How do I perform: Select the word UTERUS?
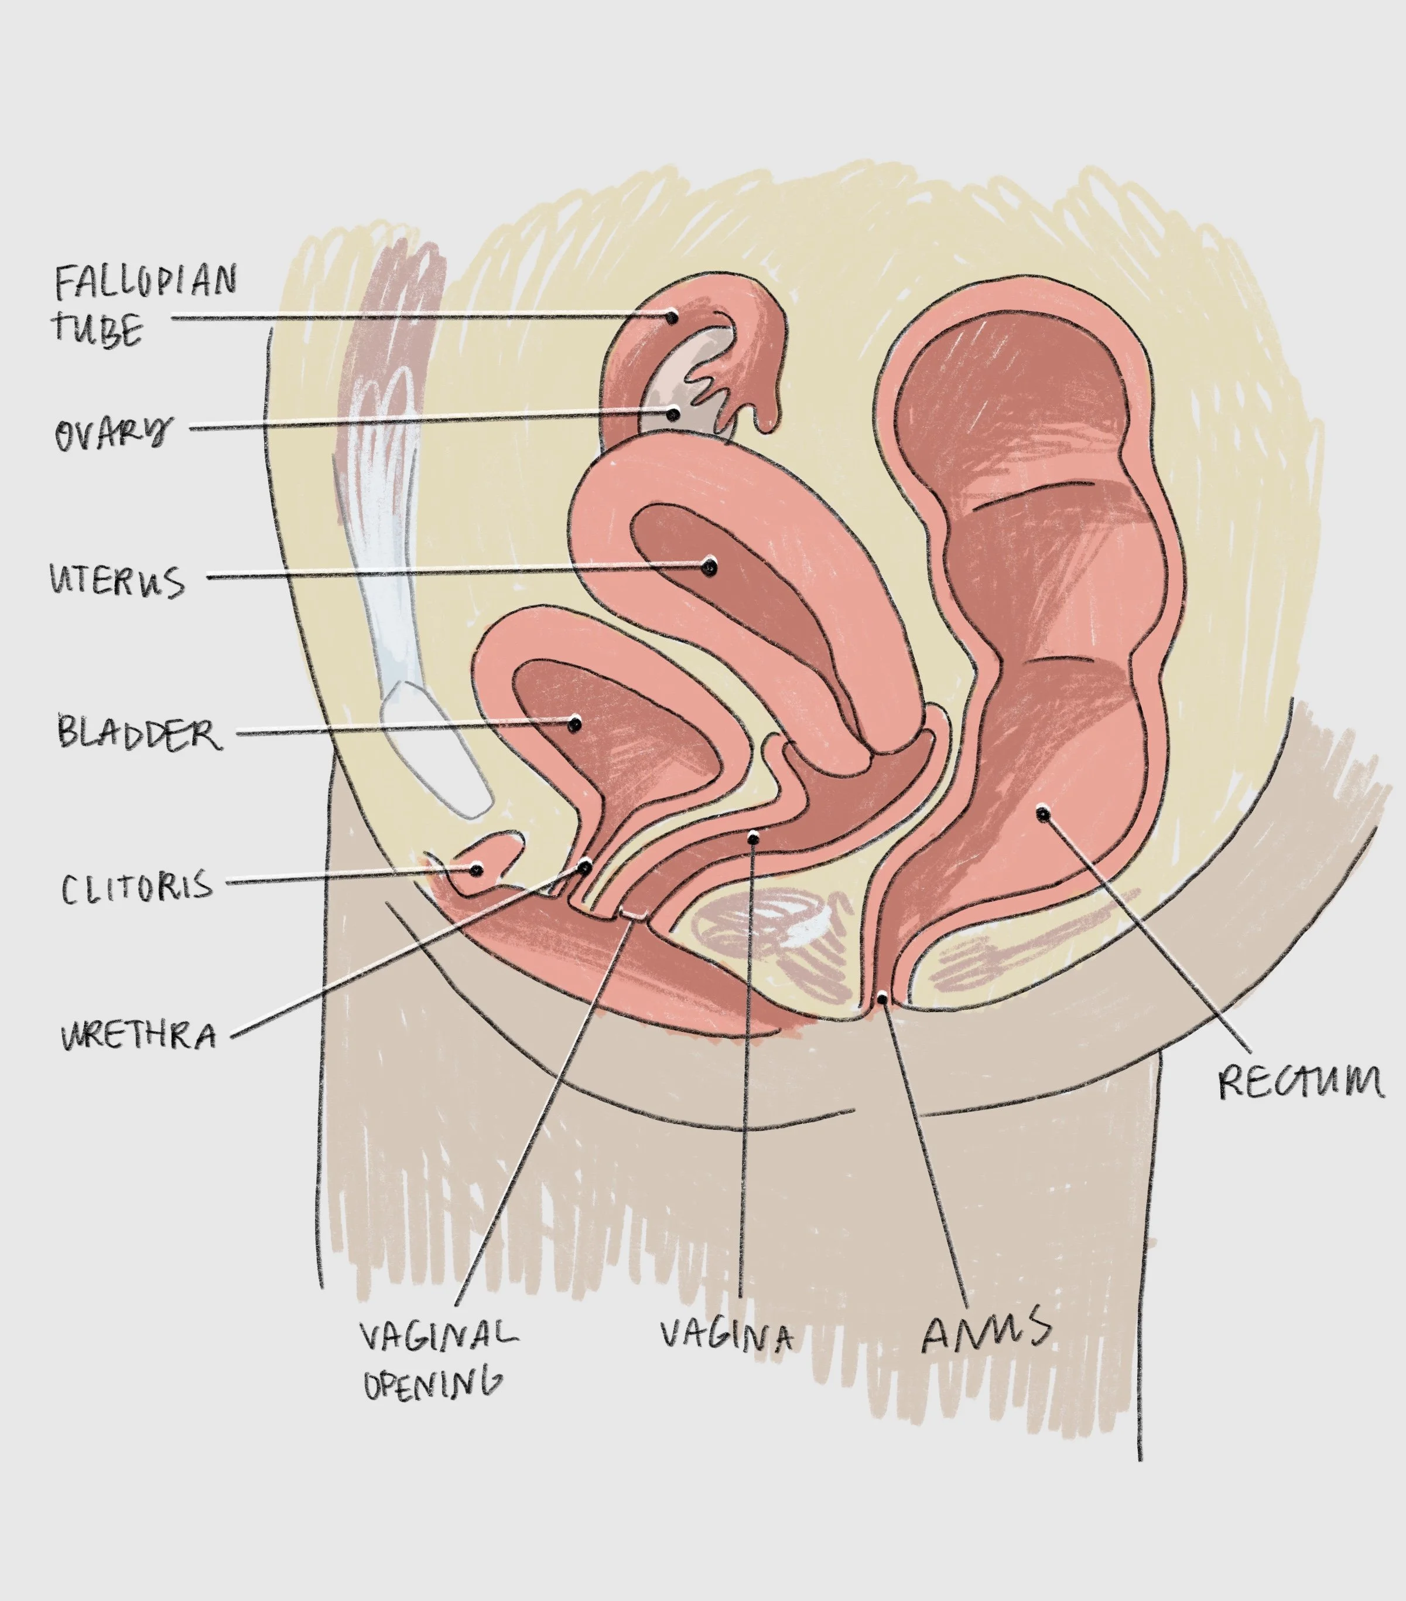point(118,581)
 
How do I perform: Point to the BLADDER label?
point(139,733)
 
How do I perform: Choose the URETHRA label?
point(139,1036)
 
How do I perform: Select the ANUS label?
point(986,1331)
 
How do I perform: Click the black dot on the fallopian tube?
point(672,317)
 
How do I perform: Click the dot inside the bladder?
point(574,724)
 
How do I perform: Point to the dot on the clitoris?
point(476,870)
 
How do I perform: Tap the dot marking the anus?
point(882,998)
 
